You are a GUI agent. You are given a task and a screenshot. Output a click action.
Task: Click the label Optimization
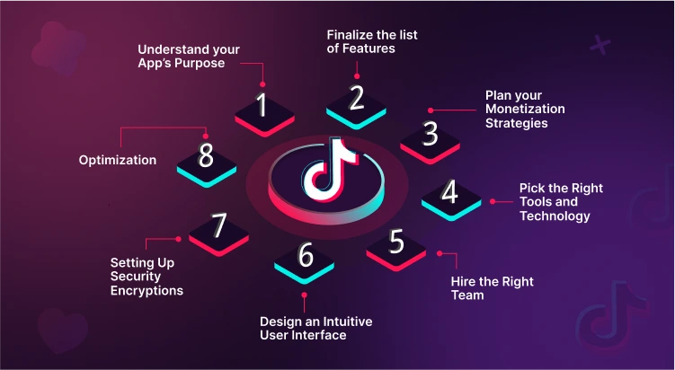click(x=117, y=161)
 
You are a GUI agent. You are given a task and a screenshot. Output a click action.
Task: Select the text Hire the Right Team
click(x=492, y=287)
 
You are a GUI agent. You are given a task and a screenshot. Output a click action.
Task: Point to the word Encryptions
click(x=147, y=290)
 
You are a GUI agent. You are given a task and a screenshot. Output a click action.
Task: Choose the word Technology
click(x=555, y=216)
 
